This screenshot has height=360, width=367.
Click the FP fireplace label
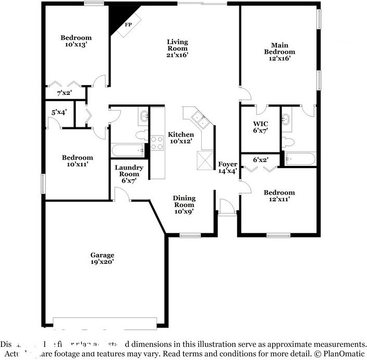pos(128,25)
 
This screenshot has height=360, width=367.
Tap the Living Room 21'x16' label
pos(177,48)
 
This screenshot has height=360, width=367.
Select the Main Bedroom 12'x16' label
pos(279,52)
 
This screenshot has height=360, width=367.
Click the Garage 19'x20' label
pos(102,258)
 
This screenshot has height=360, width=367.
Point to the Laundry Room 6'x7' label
pos(129,174)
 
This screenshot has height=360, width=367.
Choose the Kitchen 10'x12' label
pos(181,138)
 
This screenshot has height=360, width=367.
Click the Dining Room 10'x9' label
pos(184,205)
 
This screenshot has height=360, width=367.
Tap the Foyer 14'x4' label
pos(227,167)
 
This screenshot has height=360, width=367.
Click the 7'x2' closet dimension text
pos(64,93)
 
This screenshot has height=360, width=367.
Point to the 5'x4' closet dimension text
pos(59,112)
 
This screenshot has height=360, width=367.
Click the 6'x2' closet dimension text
pos(261,160)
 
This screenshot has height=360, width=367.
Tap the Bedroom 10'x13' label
pos(76,41)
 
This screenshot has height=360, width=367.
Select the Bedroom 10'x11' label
pos(77,161)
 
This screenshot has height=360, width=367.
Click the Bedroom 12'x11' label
pos(279,196)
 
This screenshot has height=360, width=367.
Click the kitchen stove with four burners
pos(157,142)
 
